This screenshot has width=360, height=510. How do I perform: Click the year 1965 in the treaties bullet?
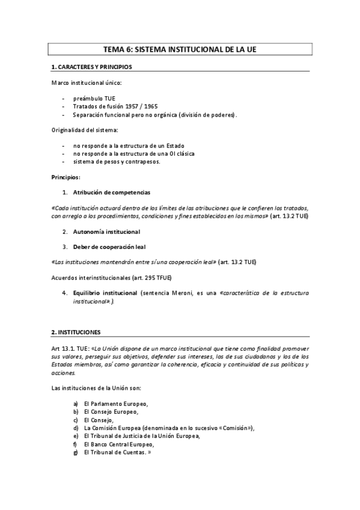pyautogui.click(x=143, y=106)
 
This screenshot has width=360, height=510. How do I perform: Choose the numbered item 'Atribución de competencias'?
pyautogui.click(x=112, y=192)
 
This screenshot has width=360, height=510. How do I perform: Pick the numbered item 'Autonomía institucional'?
pyautogui.click(x=106, y=232)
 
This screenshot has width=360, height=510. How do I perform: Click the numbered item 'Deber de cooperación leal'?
pyautogui.click(x=109, y=247)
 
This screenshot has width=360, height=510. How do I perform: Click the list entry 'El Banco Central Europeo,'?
pyautogui.click(x=119, y=444)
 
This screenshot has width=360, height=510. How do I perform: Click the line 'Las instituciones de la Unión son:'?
pyautogui.click(x=96, y=387)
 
